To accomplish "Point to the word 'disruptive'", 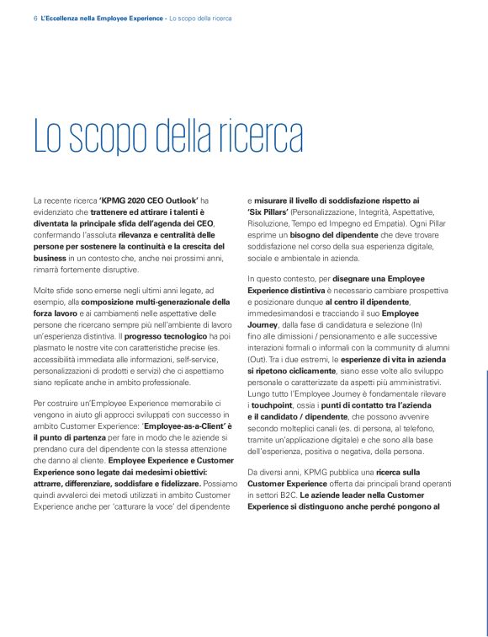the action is click(115, 270).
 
